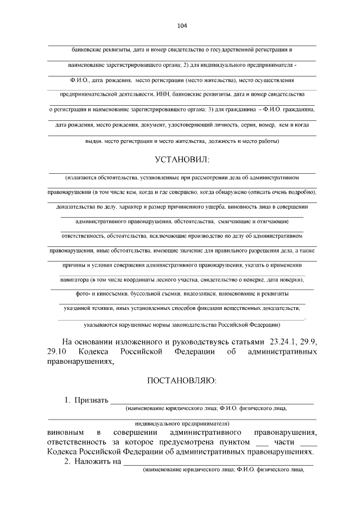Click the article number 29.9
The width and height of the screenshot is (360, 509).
308,341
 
